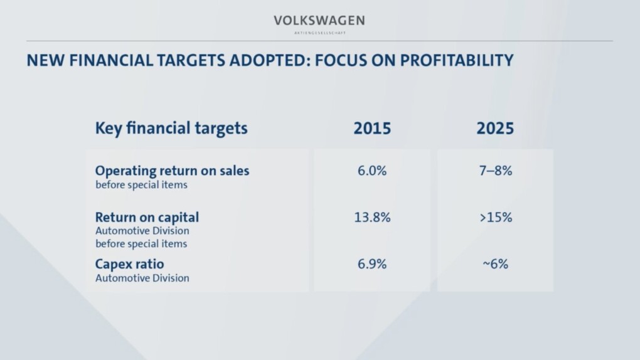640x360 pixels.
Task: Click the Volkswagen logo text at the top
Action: point(319,21)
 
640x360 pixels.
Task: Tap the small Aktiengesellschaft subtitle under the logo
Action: point(319,33)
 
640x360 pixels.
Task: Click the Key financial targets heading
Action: point(171,129)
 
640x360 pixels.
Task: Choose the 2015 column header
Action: point(372,129)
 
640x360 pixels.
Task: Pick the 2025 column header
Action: point(495,129)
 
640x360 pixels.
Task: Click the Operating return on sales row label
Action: point(172,171)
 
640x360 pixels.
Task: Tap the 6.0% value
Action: point(372,171)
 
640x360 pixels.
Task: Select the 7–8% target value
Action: point(496,171)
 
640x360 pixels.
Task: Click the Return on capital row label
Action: point(147,218)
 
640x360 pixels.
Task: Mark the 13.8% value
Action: point(372,218)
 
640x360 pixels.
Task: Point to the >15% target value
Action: point(496,218)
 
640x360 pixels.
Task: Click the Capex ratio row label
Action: point(129,264)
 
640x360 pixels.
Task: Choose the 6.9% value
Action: point(372,264)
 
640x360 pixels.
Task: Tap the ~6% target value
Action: point(496,264)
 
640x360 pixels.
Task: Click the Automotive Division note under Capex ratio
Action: point(142,278)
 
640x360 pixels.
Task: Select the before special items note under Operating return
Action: point(141,185)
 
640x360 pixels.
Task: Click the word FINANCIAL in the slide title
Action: point(111,61)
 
